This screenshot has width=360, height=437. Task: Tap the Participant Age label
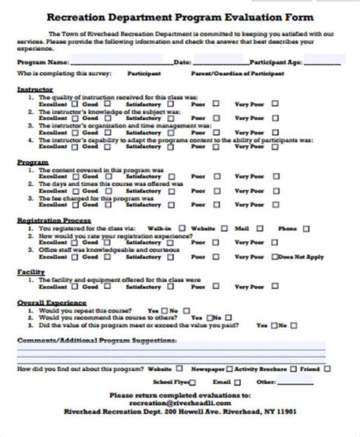coord(279,61)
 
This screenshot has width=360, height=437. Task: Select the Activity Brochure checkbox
coord(292,368)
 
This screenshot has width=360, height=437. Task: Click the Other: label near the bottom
coord(267,382)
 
